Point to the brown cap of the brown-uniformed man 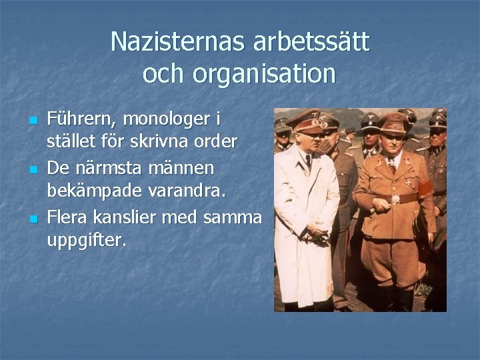click(393, 123)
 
